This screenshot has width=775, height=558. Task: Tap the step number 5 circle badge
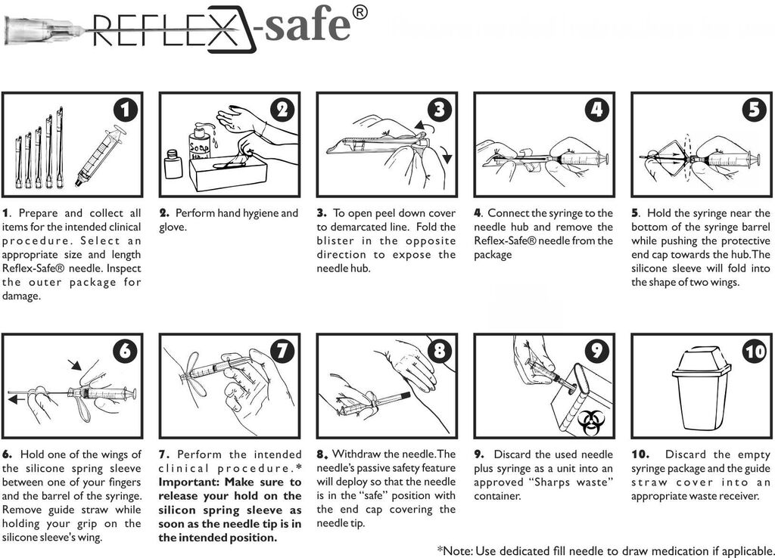click(754, 110)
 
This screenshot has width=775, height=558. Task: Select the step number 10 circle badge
click(754, 352)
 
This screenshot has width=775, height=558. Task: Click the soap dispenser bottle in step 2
click(200, 144)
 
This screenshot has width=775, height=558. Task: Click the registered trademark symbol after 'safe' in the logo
click(361, 13)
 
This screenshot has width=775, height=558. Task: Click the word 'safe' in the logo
click(307, 26)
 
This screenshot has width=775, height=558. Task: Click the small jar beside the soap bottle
click(173, 164)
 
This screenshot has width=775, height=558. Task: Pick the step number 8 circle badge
click(440, 352)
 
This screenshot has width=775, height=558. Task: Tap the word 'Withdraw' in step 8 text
click(359, 454)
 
